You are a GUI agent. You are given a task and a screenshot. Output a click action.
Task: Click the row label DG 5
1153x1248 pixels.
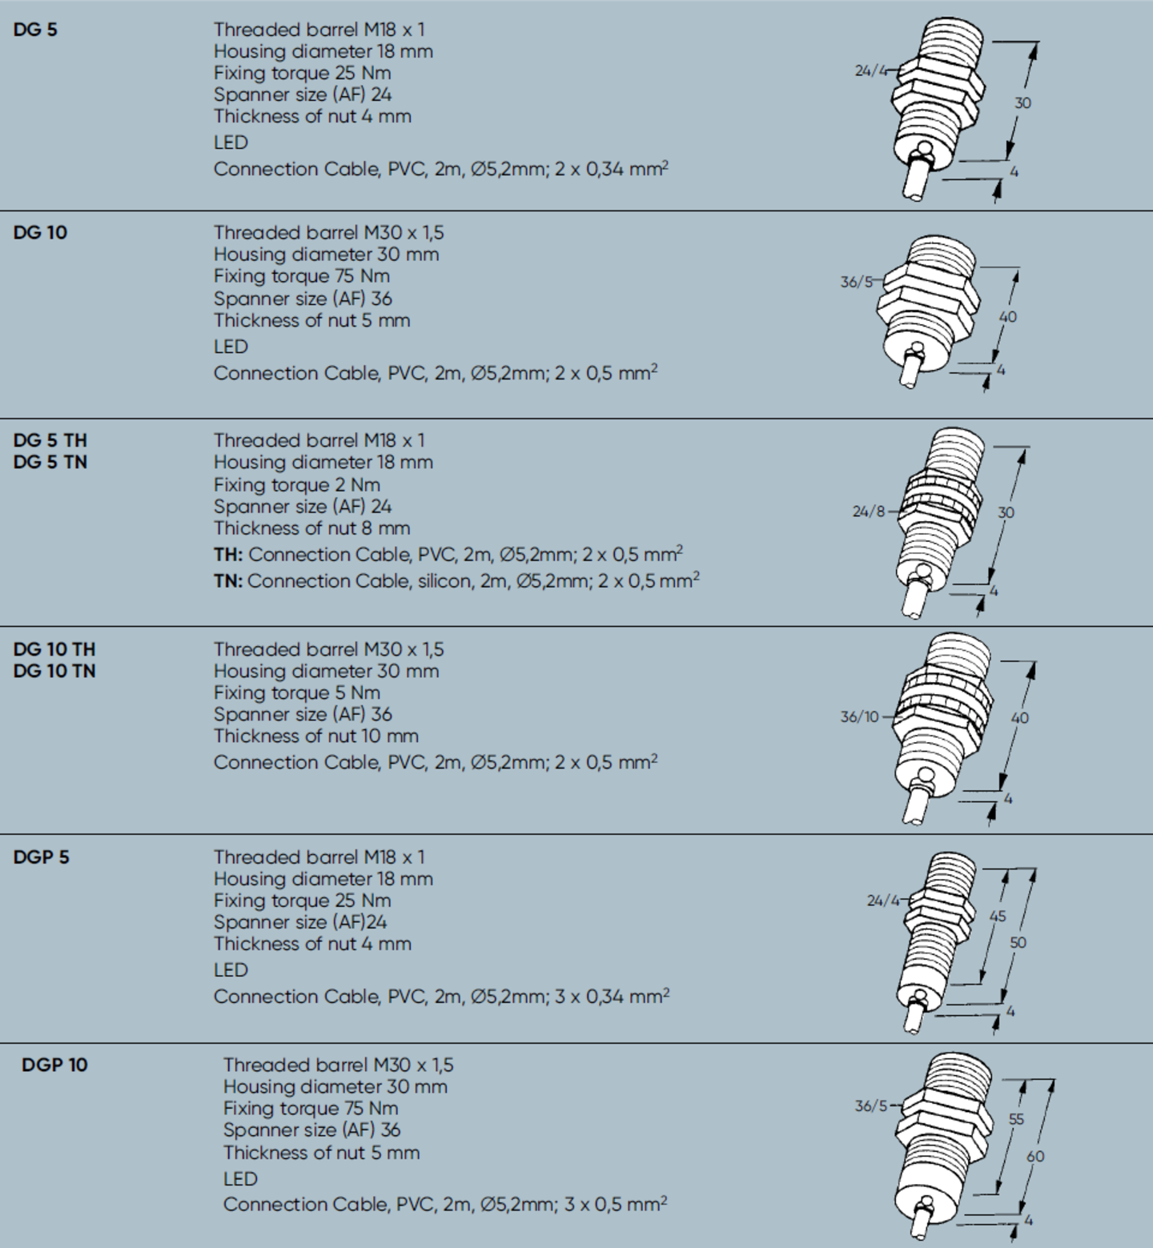35,30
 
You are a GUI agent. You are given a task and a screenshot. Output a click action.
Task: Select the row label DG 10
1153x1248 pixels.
40,233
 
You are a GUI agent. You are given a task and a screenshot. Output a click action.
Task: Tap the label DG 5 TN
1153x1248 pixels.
50,462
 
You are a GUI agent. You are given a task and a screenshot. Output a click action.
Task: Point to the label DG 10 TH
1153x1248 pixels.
54,649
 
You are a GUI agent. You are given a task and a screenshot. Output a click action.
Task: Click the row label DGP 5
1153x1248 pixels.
41,857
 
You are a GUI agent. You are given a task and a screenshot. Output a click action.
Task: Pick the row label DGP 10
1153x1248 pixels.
54,1065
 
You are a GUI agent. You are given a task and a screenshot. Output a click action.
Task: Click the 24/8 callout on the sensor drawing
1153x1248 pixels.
868,512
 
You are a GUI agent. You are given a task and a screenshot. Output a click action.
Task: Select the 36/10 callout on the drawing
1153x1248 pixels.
859,717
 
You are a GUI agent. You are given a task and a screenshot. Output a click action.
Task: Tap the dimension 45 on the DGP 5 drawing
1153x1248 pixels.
997,916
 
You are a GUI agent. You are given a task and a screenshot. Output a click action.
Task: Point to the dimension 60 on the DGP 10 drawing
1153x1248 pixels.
1035,1156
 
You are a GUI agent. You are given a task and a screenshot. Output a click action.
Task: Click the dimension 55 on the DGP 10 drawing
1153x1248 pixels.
1015,1119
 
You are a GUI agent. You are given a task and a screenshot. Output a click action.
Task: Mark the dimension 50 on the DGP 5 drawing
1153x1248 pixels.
1017,943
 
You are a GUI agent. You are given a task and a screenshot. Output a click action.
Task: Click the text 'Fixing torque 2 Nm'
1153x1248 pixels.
296,485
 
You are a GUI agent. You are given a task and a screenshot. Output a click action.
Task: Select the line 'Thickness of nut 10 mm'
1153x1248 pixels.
315,736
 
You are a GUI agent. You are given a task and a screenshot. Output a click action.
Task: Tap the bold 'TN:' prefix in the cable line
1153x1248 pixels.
228,581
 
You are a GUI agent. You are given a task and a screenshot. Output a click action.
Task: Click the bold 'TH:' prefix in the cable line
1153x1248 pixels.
228,555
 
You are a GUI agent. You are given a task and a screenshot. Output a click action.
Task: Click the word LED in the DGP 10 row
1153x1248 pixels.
240,1179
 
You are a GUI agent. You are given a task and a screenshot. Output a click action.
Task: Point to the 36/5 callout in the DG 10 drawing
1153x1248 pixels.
856,282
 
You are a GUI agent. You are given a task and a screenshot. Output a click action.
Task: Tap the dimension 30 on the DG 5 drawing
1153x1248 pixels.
1022,103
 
